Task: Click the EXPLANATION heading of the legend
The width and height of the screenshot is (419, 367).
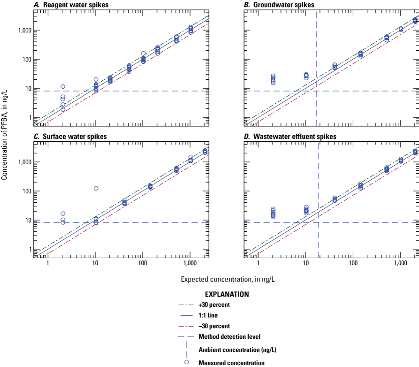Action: tap(227, 295)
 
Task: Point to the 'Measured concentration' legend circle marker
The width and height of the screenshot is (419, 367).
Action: tap(186, 362)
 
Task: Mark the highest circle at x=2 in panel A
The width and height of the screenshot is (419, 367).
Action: tap(63, 87)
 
